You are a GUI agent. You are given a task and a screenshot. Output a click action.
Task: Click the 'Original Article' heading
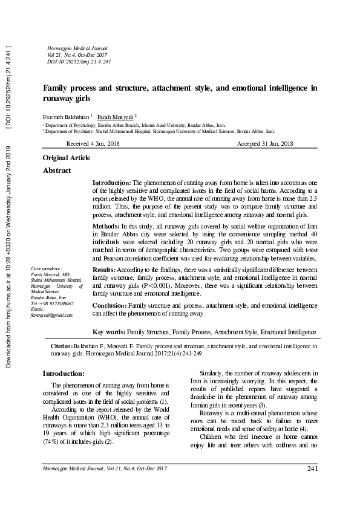67,158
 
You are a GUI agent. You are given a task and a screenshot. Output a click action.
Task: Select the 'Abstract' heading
57,171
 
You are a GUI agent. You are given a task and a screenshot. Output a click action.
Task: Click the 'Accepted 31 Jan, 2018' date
265,143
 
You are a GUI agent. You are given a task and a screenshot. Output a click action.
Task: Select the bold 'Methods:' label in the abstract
107,225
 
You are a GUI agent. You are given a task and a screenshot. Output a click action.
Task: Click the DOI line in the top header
79,62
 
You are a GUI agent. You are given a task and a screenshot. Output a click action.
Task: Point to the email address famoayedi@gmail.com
51,315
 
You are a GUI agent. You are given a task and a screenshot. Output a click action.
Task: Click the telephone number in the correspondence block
55,303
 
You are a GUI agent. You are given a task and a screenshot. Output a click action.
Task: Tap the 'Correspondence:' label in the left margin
47,267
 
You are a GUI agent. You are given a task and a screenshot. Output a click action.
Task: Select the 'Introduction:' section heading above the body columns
64,374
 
